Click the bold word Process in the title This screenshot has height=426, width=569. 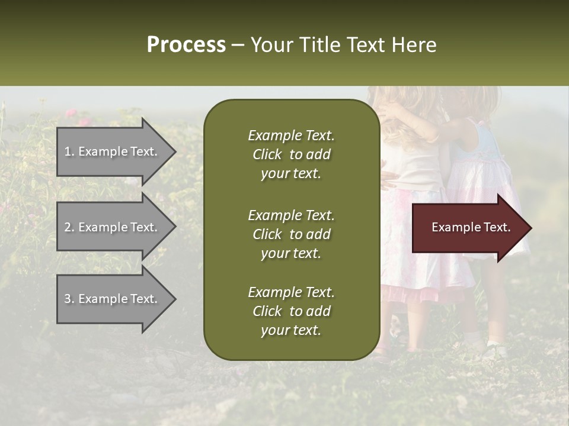coord(186,45)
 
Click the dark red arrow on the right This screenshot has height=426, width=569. coord(468,228)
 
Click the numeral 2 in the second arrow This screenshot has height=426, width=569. coord(68,227)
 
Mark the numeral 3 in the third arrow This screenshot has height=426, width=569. coord(68,299)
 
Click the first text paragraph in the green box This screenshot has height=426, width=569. coord(291,154)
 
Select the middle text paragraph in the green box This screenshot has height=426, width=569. coord(291,234)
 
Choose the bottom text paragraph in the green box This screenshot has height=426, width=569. coord(291,311)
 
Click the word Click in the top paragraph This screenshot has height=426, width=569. coord(267,154)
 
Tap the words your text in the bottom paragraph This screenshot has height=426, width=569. coord(291,330)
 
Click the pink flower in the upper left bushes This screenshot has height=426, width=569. coord(71,112)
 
